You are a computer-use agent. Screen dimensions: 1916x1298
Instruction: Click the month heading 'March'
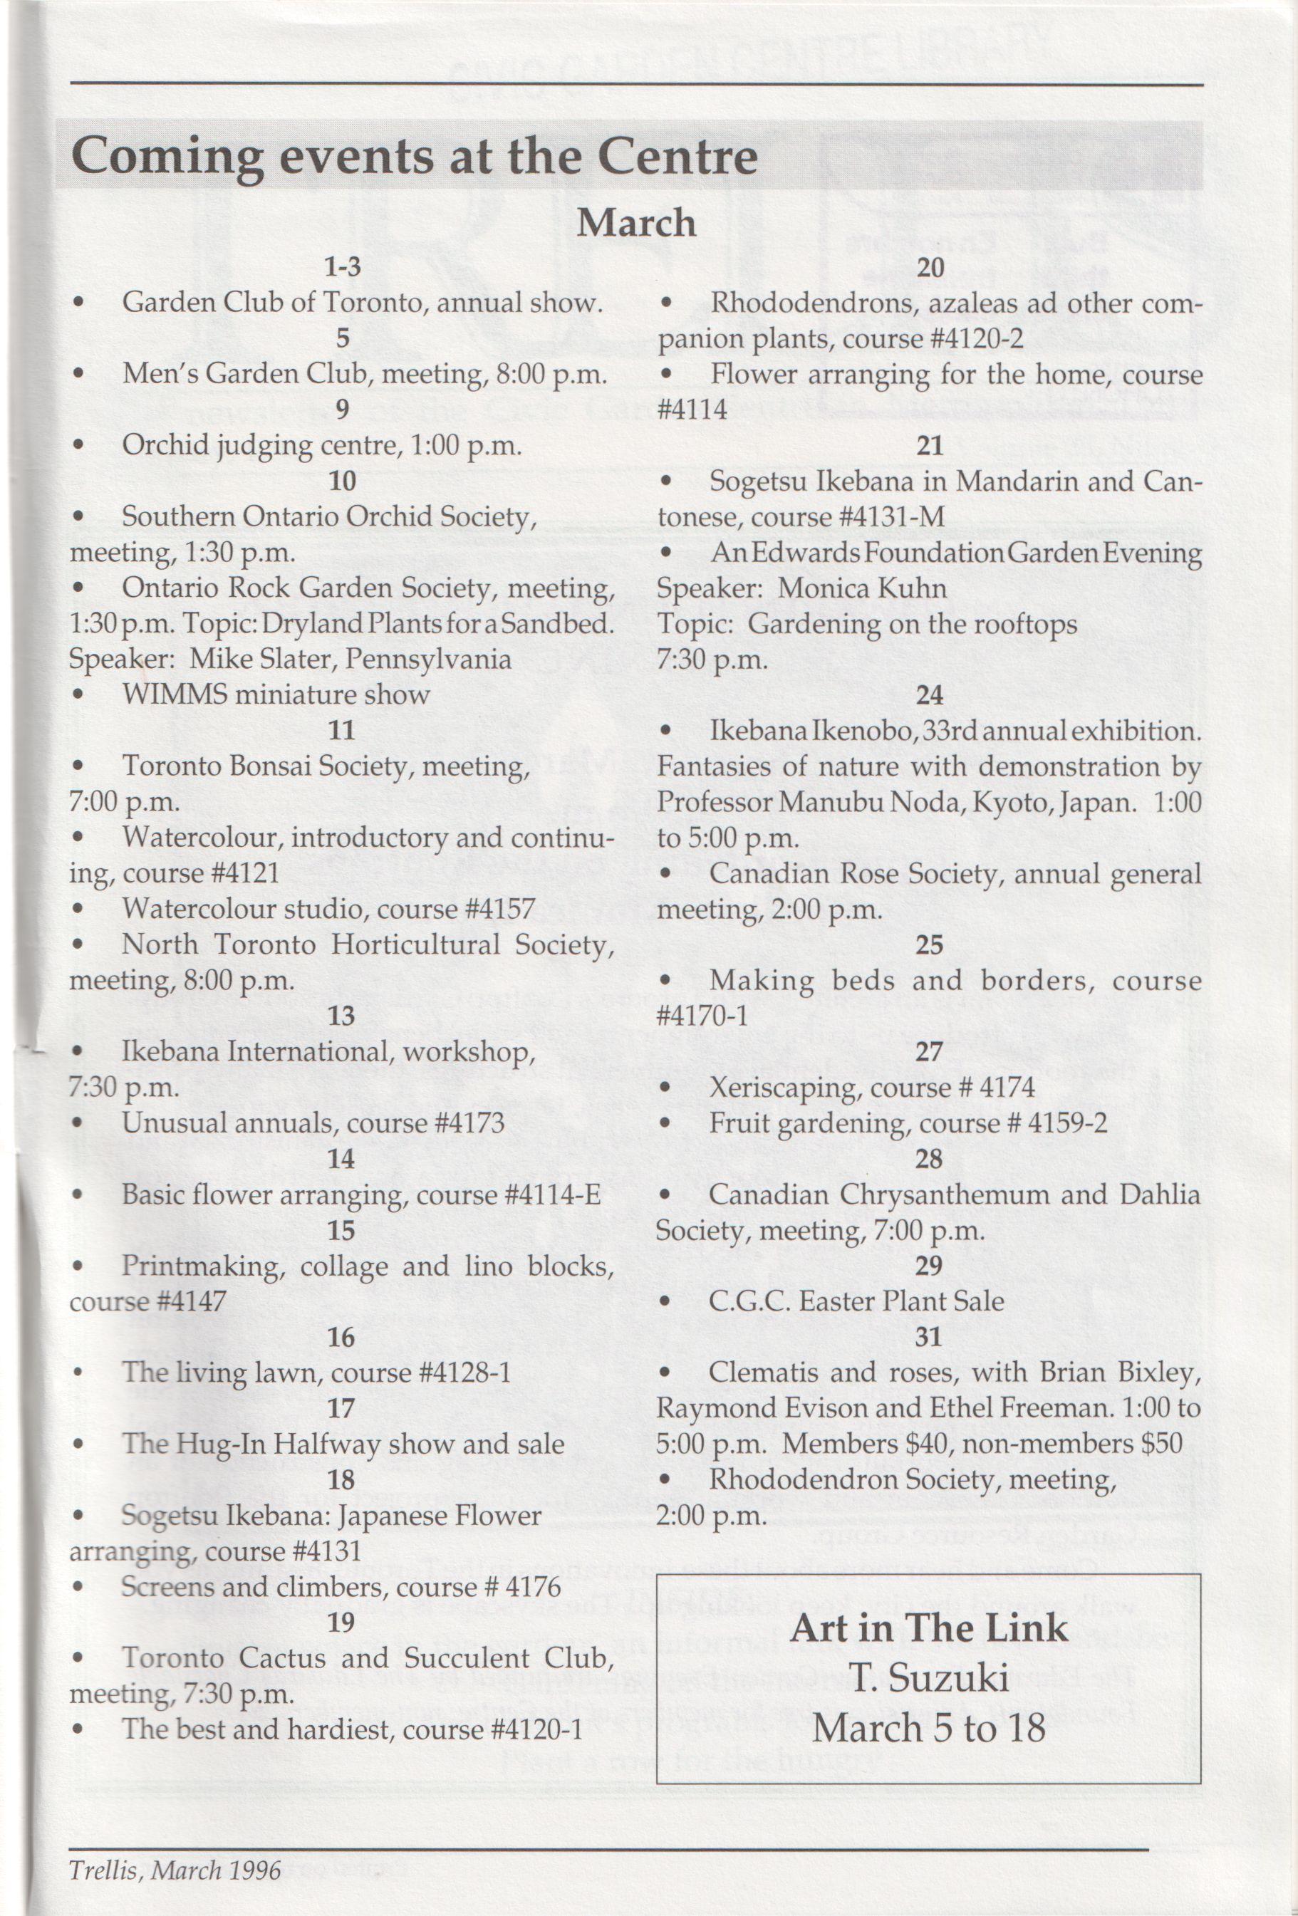[635, 224]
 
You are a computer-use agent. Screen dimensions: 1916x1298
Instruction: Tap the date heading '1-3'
[342, 267]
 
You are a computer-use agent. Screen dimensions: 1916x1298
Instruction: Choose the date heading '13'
[341, 1016]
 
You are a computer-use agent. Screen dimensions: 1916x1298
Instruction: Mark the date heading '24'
[930, 696]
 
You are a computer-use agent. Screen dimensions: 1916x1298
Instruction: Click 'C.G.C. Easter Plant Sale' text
[857, 1301]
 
